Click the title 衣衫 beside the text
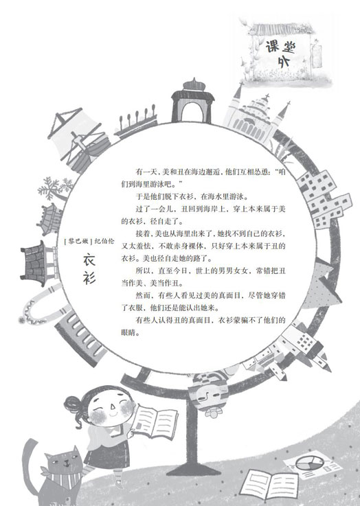89,269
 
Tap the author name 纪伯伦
104,242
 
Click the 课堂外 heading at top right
281,54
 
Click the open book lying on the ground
269,485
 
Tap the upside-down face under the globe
207,395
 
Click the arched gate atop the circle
193,101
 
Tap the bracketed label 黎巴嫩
78,242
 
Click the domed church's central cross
267,97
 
